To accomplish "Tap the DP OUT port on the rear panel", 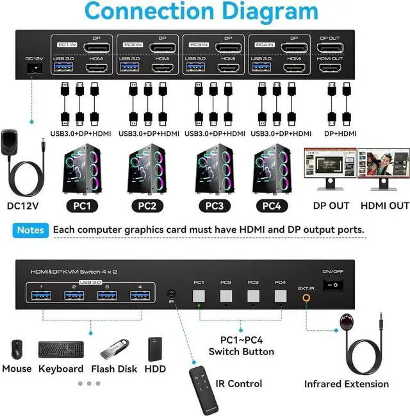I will [330, 48].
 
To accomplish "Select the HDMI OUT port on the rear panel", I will [330, 68].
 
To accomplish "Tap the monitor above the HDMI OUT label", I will [383, 166].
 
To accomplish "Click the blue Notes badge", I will [31, 229].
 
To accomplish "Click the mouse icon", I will [16, 349].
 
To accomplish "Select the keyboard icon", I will [61, 349].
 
